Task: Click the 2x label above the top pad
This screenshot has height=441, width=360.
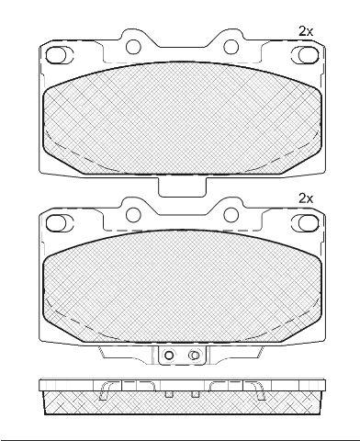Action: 306,31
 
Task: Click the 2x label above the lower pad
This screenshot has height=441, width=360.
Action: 306,198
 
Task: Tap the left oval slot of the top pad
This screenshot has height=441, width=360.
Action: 56,55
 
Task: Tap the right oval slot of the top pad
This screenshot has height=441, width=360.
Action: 309,55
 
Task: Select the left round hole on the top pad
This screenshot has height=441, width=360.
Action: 133,47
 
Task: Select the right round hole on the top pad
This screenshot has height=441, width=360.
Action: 231,47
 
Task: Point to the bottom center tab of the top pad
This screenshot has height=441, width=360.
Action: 182,187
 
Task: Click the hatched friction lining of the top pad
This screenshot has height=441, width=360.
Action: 182,119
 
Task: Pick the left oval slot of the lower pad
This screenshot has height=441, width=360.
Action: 56,222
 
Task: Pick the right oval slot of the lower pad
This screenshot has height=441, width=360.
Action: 309,222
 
